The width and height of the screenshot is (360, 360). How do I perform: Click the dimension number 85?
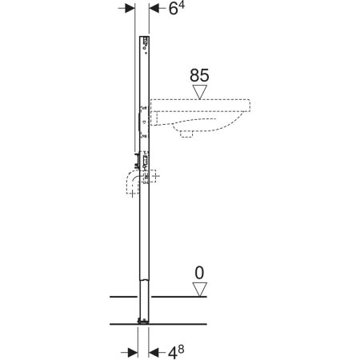point(199,75)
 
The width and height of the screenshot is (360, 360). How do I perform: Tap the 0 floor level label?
point(199,273)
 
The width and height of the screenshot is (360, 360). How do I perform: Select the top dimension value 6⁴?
point(177,9)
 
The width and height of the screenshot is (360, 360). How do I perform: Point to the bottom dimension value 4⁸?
point(176,352)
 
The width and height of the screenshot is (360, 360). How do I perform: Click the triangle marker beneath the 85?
point(200,92)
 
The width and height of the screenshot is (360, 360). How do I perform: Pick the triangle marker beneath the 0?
point(200,290)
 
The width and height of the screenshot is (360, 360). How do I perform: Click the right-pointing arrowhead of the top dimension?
point(130,8)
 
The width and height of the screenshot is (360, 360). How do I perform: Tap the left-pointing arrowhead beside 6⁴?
point(154,9)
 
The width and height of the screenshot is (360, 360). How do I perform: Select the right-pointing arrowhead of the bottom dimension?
point(133,353)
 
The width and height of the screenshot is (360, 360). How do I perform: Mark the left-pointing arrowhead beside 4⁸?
point(154,353)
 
